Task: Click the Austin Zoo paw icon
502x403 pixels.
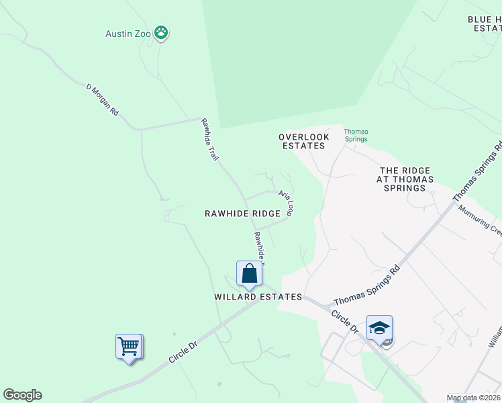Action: [x=161, y=32]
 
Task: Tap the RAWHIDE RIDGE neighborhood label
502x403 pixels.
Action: [x=242, y=213]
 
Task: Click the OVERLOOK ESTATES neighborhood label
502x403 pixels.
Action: [x=304, y=141]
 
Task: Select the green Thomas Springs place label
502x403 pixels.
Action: [x=356, y=135]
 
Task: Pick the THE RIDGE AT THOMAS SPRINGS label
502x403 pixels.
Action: [x=405, y=179]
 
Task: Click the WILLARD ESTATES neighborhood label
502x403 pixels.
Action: [x=258, y=296]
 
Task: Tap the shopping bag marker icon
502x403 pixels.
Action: [x=249, y=274]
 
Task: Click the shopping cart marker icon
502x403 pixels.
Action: [x=128, y=347]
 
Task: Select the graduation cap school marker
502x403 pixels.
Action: [x=379, y=328]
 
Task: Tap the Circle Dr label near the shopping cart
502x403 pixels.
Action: [x=183, y=352]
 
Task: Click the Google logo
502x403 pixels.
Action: [x=22, y=395]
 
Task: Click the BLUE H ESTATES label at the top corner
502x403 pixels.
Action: [x=485, y=24]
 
